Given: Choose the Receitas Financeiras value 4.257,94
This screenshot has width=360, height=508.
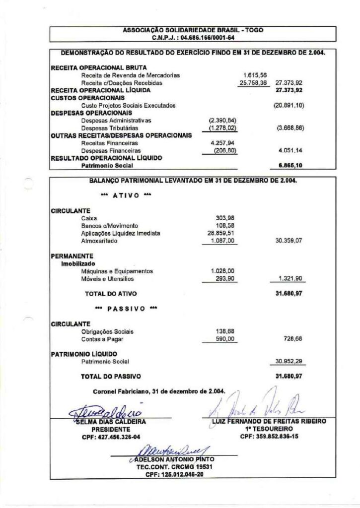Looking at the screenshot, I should pos(215,143).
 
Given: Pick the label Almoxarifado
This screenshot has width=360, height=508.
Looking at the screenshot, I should pos(99,240).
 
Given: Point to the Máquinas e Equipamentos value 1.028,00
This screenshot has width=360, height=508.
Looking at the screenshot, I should pos(222,271).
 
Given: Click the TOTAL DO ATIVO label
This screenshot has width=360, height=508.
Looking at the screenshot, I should pos(108,294).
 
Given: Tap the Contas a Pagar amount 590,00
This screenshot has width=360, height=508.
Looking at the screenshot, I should pos(225,339).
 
